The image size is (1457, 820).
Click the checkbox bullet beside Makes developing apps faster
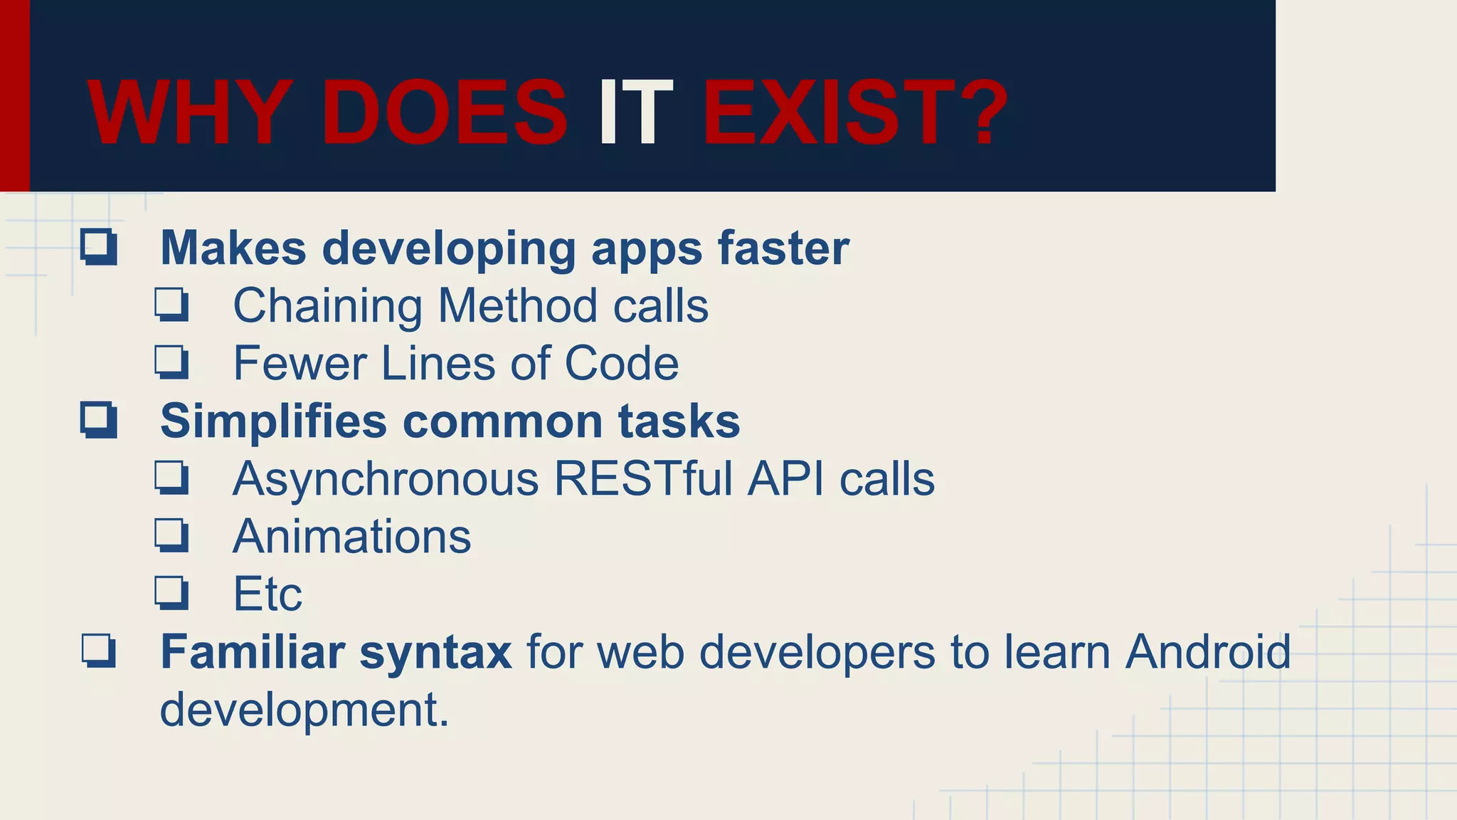[98, 247]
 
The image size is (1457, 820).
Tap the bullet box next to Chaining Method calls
[171, 305]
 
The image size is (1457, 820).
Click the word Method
[517, 306]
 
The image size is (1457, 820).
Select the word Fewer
[300, 364]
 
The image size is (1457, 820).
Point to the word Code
[621, 364]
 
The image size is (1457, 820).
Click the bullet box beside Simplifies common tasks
[98, 420]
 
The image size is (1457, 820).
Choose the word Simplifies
[274, 421]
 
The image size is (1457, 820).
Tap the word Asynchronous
[386, 479]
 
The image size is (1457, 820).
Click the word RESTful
[643, 479]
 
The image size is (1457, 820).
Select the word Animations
[351, 536]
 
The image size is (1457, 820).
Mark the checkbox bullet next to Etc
[171, 593]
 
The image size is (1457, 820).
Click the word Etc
[267, 594]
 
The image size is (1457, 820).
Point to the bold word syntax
[435, 653]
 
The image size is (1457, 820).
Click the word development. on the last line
[304, 710]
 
